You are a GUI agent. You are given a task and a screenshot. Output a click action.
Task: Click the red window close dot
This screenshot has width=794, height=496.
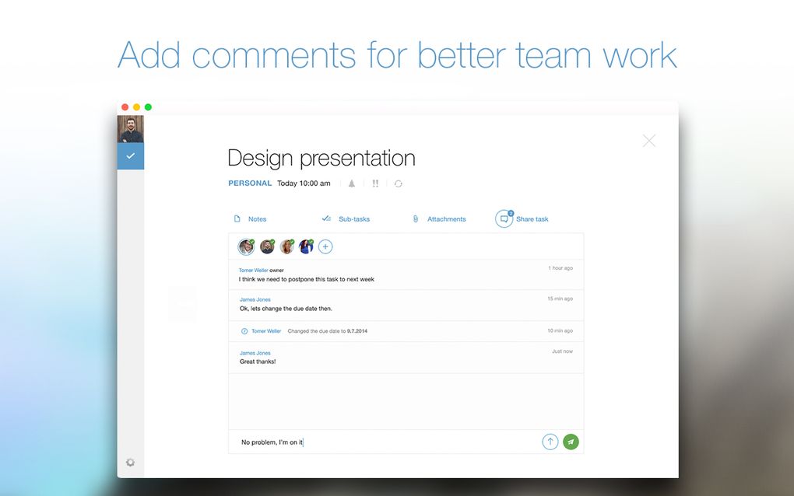click(125, 107)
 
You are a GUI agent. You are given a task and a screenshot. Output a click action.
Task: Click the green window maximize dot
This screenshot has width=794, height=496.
click(149, 107)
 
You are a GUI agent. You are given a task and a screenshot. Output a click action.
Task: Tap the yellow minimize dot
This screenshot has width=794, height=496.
click(137, 107)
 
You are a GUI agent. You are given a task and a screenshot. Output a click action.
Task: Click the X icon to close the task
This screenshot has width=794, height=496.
click(648, 141)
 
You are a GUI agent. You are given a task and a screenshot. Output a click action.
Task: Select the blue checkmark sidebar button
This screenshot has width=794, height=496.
click(131, 155)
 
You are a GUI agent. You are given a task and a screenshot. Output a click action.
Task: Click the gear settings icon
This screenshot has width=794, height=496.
click(130, 462)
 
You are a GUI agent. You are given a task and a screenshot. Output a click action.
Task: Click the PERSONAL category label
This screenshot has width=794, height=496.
click(250, 183)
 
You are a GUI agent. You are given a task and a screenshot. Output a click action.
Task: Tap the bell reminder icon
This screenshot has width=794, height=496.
click(351, 183)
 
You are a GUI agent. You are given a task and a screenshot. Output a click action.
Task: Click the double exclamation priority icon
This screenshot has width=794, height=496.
click(375, 183)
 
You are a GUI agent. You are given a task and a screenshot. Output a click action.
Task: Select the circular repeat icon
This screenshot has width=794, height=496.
click(399, 183)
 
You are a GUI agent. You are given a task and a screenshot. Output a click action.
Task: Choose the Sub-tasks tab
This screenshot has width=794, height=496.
click(346, 219)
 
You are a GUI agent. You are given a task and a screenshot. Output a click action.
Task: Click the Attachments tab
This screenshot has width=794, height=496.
click(439, 219)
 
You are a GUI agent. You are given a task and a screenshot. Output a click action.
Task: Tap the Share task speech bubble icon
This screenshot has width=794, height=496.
click(504, 219)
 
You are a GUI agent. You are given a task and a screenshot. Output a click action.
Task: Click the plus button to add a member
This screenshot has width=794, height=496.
click(325, 246)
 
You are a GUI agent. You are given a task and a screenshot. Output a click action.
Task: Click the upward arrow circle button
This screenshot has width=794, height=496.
click(550, 442)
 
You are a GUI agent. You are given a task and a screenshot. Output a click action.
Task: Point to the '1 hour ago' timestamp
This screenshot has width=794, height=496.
click(560, 268)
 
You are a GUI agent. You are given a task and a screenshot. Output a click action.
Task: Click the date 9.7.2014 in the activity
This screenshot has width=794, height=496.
click(357, 331)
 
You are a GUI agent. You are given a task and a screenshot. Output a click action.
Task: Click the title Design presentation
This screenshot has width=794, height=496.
click(321, 159)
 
